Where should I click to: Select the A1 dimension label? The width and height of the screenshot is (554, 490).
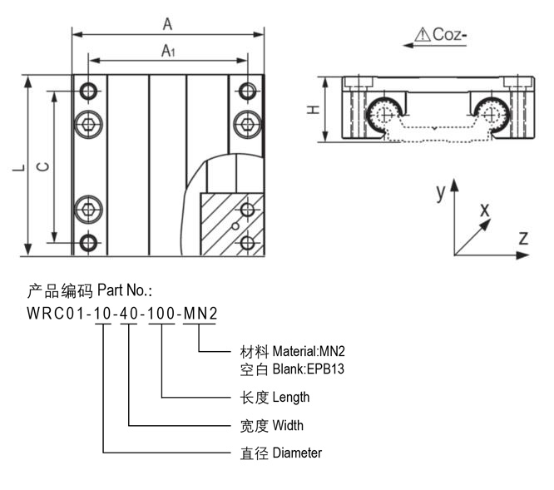pyautogui.click(x=168, y=52)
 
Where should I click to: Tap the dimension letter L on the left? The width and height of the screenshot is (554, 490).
pyautogui.click(x=18, y=167)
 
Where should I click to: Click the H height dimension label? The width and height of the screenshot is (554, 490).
pyautogui.click(x=311, y=110)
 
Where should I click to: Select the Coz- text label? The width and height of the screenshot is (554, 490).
pyautogui.click(x=450, y=35)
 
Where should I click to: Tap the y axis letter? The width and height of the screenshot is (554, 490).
pyautogui.click(x=441, y=193)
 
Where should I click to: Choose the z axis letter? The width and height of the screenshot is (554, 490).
pyautogui.click(x=523, y=238)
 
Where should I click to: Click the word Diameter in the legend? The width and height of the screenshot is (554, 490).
pyautogui.click(x=297, y=453)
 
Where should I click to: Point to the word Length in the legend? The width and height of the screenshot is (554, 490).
pyautogui.click(x=291, y=397)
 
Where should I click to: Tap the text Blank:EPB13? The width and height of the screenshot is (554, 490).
pyautogui.click(x=308, y=369)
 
